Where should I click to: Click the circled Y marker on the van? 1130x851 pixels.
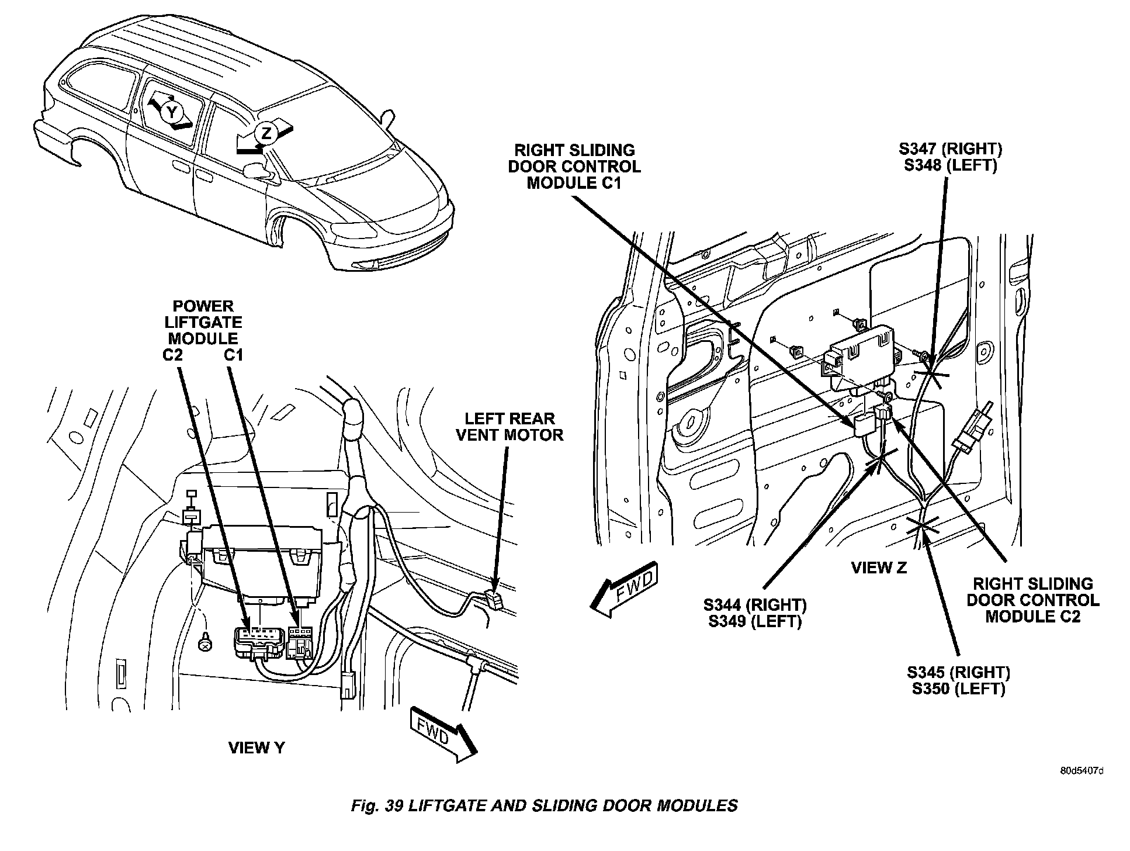pos(171,111)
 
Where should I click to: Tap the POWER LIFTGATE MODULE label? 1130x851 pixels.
pos(203,322)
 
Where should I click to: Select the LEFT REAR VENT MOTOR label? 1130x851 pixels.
pos(509,427)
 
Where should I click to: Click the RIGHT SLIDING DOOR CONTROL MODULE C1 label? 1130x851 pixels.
pos(574,167)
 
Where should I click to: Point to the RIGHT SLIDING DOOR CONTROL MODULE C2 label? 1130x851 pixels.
pos(1033,600)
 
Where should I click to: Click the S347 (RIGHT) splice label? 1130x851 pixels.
pos(950,149)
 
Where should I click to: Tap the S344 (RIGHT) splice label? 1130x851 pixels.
pos(755,604)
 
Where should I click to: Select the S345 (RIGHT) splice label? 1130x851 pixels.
pos(959,672)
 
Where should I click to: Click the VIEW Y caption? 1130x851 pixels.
pos(256,748)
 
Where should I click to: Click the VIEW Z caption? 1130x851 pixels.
pos(879,568)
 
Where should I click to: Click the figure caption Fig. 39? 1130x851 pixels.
pos(544,805)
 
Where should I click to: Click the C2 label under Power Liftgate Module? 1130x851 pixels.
pos(173,355)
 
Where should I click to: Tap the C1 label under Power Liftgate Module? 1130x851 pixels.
pos(233,355)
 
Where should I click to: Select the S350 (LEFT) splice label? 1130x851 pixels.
pos(959,689)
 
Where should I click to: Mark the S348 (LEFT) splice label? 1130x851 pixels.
pos(950,165)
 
